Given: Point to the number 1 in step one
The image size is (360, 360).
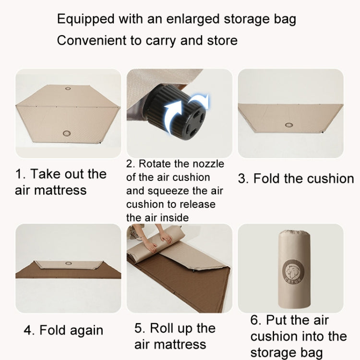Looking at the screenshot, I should tap(19, 174).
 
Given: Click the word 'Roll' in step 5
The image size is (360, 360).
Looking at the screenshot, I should tap(163, 328).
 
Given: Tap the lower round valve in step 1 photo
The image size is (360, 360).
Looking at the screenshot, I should tap(67, 133).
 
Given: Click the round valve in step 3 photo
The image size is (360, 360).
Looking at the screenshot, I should tap(289, 125).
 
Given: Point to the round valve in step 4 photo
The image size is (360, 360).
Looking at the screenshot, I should tap(69, 264).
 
